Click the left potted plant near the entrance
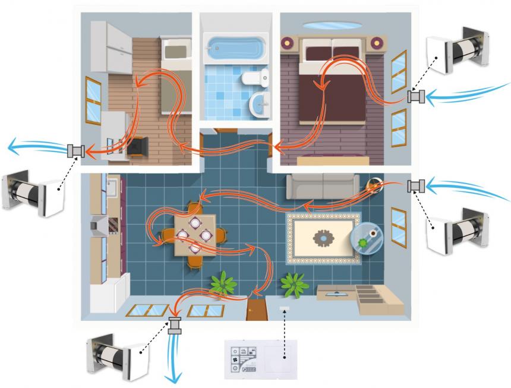[221, 282]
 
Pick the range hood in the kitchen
[99, 226]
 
